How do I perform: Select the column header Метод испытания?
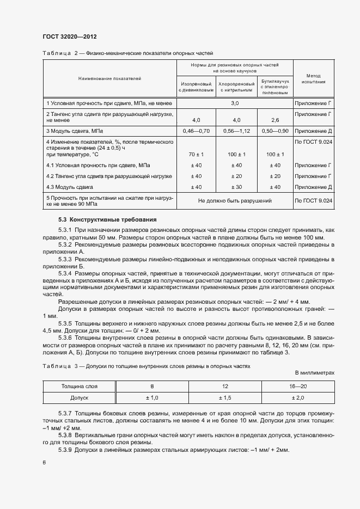tap(313, 79)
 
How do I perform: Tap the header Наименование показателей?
tap(109, 79)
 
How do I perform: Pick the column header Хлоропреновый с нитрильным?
tap(236, 88)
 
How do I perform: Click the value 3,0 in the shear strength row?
tap(235, 102)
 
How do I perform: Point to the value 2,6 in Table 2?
tap(275, 120)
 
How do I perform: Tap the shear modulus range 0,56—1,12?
tap(236, 131)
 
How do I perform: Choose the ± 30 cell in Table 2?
tap(236, 187)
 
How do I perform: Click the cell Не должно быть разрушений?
tap(235, 201)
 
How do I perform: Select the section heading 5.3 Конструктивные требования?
tap(107, 219)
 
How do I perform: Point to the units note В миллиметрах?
tap(314, 372)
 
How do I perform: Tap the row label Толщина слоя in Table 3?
tap(80, 387)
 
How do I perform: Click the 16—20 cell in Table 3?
tap(297, 387)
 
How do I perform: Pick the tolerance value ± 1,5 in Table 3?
tap(225, 398)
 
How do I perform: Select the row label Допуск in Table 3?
tap(80, 398)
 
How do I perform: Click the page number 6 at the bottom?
tap(44, 462)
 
